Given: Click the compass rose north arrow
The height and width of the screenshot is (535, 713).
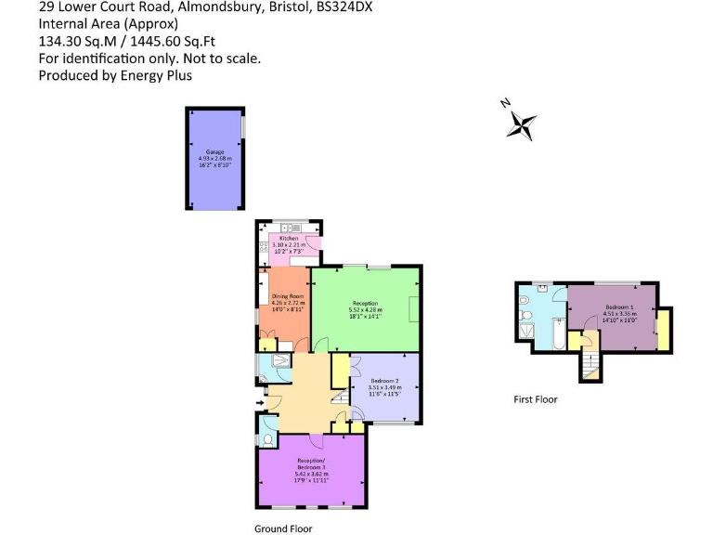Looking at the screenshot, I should coord(522,123).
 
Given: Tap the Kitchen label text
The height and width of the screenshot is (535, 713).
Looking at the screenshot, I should coord(288,239).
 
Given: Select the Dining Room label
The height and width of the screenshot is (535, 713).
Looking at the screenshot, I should coord(287,296).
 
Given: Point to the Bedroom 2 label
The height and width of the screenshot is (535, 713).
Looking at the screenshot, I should coord(383,382).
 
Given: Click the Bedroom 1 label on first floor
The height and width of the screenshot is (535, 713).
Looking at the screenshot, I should coord(619,307).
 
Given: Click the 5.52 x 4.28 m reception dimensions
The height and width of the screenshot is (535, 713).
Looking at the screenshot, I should coord(365,309).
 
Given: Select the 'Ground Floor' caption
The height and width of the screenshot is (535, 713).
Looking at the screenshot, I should coord(283,528).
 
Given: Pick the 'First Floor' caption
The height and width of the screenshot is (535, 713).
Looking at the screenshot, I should coord(536,399).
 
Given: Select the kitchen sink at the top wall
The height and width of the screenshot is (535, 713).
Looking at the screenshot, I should coord(289,228).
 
